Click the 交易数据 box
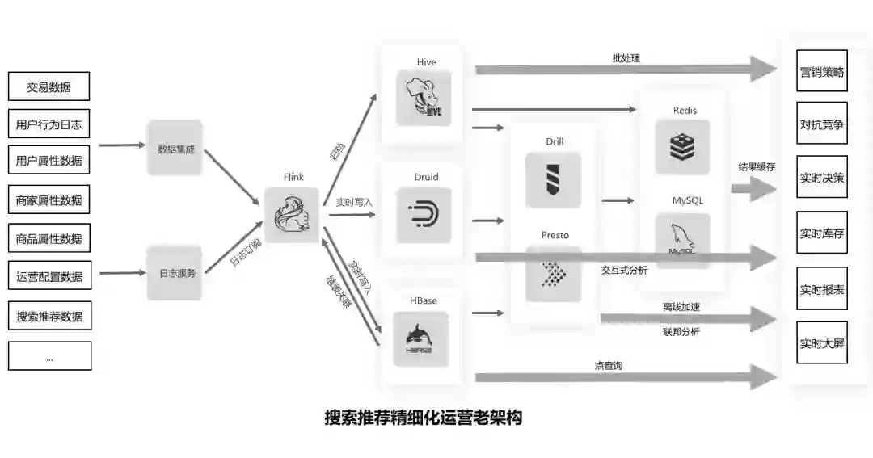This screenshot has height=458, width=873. click(48, 86)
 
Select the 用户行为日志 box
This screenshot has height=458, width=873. click(48, 124)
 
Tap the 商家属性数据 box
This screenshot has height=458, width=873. click(48, 200)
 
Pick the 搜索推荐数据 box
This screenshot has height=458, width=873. click(49, 316)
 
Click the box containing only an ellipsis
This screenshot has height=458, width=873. click(49, 356)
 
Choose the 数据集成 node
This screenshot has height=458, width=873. click(175, 148)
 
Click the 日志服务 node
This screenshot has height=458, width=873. click(175, 273)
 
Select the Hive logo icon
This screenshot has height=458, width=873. click(424, 98)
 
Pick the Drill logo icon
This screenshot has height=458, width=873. click(554, 180)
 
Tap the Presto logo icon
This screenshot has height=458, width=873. click(554, 273)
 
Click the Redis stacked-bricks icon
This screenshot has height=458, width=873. click(683, 147)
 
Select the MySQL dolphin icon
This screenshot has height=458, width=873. click(683, 240)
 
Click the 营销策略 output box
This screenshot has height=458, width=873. click(822, 71)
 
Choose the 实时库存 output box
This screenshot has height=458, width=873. click(822, 233)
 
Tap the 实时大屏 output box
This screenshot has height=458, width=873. click(822, 343)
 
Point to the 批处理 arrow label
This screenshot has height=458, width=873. click(626, 58)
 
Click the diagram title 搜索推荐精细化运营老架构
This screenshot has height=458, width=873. click(423, 418)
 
